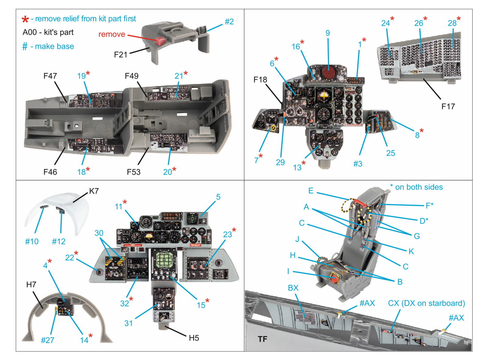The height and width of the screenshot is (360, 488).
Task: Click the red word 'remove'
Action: click(x=112, y=34)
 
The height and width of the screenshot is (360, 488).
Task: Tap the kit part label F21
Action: click(x=120, y=55)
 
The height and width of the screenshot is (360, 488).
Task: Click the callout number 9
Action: click(x=328, y=33)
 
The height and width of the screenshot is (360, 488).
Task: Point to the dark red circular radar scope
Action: click(x=328, y=73)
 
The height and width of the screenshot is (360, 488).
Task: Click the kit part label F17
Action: click(x=448, y=106)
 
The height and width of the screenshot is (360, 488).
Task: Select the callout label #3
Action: click(x=358, y=164)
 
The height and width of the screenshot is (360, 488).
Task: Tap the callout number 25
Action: click(x=390, y=153)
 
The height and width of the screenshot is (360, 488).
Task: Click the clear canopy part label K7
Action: click(x=94, y=191)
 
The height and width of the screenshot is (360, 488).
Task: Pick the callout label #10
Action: click(x=32, y=242)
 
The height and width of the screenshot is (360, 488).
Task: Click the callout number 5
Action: click(x=218, y=197)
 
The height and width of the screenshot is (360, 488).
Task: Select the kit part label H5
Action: click(x=194, y=338)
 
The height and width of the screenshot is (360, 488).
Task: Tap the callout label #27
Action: click(x=48, y=340)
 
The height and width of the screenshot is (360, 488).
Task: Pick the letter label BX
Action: click(x=293, y=288)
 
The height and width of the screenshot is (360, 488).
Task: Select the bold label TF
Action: click(x=262, y=339)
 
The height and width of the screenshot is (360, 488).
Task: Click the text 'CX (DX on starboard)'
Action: click(x=426, y=303)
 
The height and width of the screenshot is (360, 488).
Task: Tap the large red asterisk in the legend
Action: click(x=25, y=20)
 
